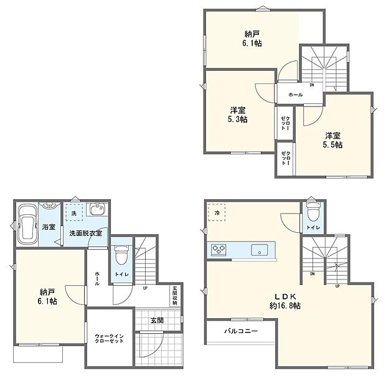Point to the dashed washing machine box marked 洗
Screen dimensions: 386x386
tap(73, 212)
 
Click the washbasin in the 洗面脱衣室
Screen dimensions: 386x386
tap(98, 210)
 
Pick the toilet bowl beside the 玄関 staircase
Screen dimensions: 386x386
tap(121, 255)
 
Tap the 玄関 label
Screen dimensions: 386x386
tap(156, 321)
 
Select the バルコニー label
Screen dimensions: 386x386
tap(241, 331)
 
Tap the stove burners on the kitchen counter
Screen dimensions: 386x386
tap(219, 250)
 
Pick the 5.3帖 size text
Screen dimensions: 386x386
tap(237, 120)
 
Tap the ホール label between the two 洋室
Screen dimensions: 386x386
tap(295, 95)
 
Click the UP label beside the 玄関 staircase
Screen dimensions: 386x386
tap(145, 288)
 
